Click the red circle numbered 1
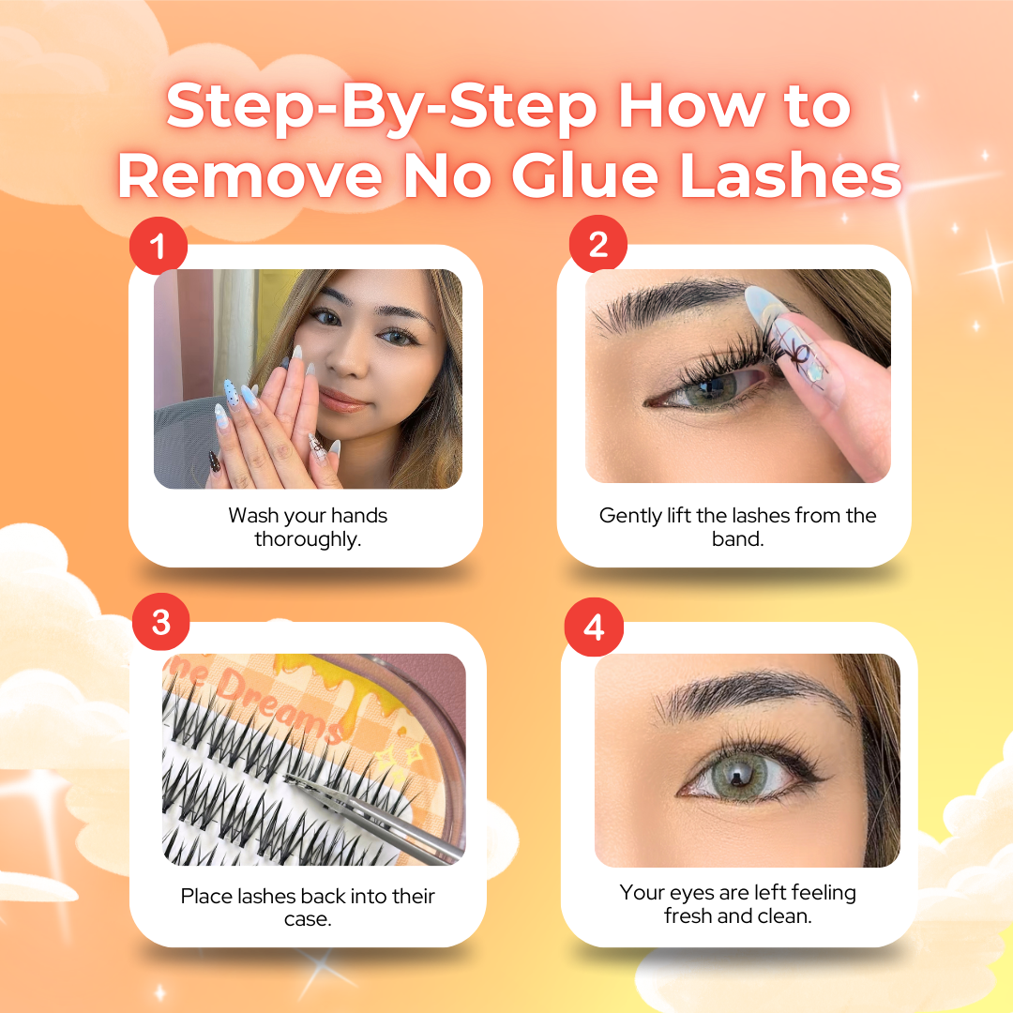(158, 247)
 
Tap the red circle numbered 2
(598, 245)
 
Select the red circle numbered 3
(160, 623)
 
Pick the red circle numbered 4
(593, 627)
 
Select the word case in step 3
(308, 919)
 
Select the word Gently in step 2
(631, 516)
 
